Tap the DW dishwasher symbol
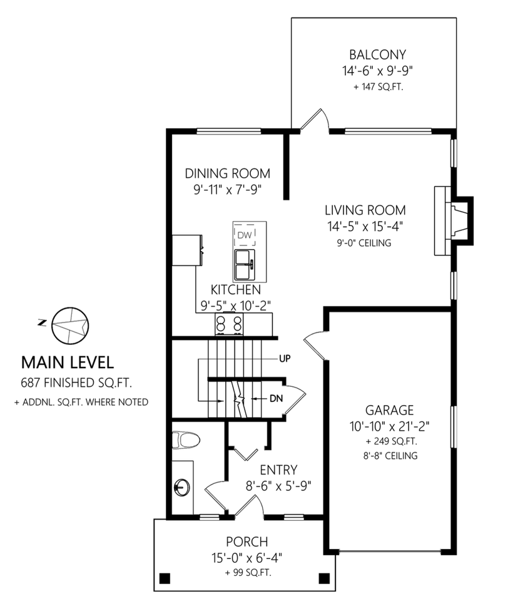pos(243,235)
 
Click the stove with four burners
pos(229,324)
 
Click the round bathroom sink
pos(182,486)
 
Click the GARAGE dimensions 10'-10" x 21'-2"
pos(389,426)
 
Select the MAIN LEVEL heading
pos(68,362)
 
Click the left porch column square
pos(165,577)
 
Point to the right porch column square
pos(323,577)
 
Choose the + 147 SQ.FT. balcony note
pos(377,87)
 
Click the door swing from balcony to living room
pos(313,121)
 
